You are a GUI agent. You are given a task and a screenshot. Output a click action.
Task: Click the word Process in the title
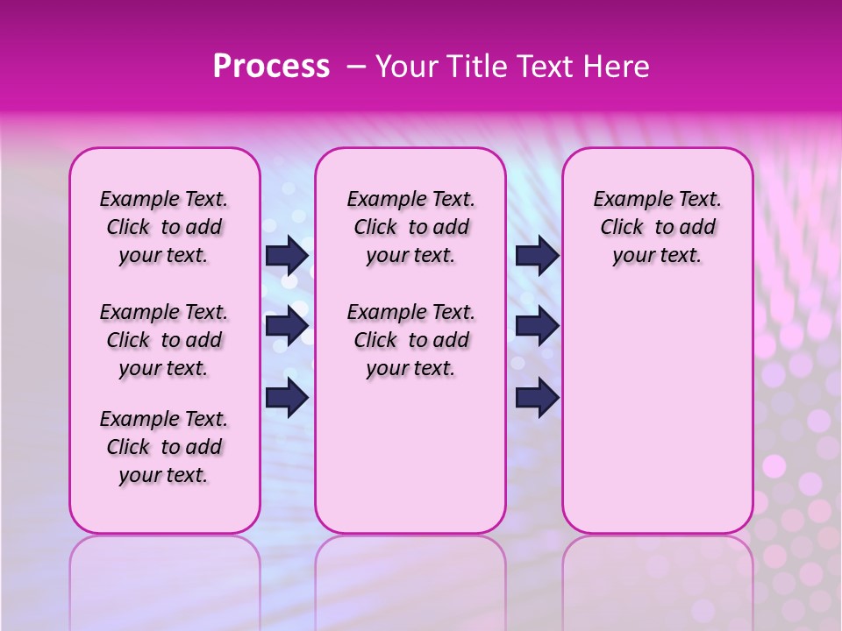(271, 67)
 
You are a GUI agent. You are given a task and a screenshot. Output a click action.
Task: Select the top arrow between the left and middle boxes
(287, 255)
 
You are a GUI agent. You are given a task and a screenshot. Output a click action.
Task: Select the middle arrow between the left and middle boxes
(287, 327)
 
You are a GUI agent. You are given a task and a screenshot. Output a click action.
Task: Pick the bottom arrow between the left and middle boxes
(287, 398)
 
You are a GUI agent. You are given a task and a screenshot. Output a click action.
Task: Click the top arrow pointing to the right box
(537, 255)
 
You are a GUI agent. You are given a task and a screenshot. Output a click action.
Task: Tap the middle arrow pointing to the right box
(537, 327)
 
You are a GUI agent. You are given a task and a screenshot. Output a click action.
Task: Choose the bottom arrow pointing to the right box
(537, 398)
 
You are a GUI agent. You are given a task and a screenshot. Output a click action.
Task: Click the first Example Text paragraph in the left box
(164, 227)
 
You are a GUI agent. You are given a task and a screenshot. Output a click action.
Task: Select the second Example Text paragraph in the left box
(164, 340)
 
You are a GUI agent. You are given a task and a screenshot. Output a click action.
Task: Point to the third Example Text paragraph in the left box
(164, 447)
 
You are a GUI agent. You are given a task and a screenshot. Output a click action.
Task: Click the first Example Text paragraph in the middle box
(410, 227)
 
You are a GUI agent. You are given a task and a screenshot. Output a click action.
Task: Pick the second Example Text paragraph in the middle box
(410, 340)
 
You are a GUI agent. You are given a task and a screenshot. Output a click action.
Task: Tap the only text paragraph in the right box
(657, 227)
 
